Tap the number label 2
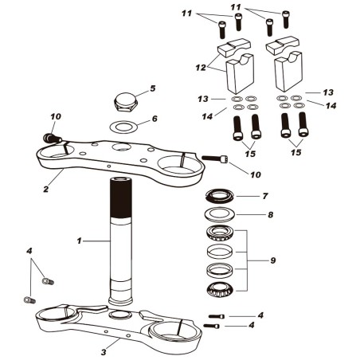coord(46,190)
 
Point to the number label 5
coord(153,88)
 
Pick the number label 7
coord(266,195)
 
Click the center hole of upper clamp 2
coord(121,148)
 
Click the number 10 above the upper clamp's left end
coord(55,117)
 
